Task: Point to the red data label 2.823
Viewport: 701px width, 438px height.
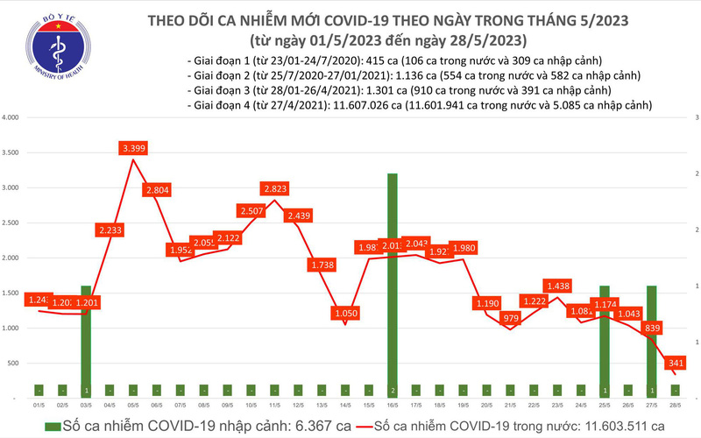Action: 273,188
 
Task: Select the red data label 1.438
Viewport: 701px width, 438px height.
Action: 557,286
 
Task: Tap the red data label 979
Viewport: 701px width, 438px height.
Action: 510,318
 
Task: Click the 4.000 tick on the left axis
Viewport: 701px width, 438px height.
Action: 11,117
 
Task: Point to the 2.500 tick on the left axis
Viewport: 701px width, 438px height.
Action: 11,223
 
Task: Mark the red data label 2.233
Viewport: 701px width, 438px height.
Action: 110,230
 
